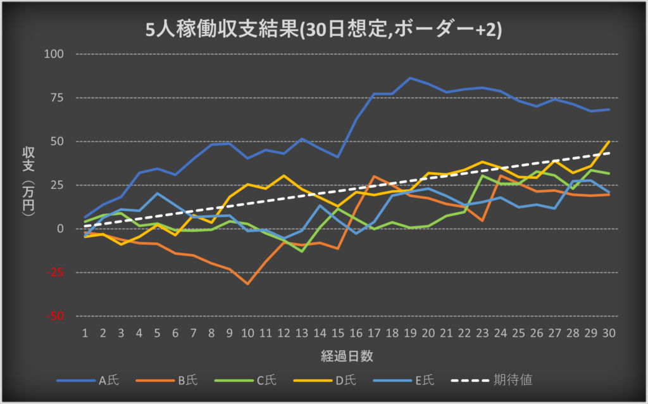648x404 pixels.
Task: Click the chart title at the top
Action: pos(324,30)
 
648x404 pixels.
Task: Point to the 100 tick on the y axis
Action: pos(56,54)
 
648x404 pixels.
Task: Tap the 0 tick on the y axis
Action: pos(61,229)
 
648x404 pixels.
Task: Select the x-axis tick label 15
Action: pos(339,333)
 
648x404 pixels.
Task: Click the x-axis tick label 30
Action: pos(609,333)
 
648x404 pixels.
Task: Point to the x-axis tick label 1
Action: pos(85,333)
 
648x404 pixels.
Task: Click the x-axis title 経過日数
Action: pos(346,356)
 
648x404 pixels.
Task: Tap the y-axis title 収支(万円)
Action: pos(28,184)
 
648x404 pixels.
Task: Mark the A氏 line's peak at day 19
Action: pos(410,78)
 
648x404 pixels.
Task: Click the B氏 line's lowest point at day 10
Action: pos(247,284)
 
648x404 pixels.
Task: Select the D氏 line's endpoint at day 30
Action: pos(609,141)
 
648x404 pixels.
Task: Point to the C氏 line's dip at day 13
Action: pos(302,251)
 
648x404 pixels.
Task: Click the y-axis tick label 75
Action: pos(58,98)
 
